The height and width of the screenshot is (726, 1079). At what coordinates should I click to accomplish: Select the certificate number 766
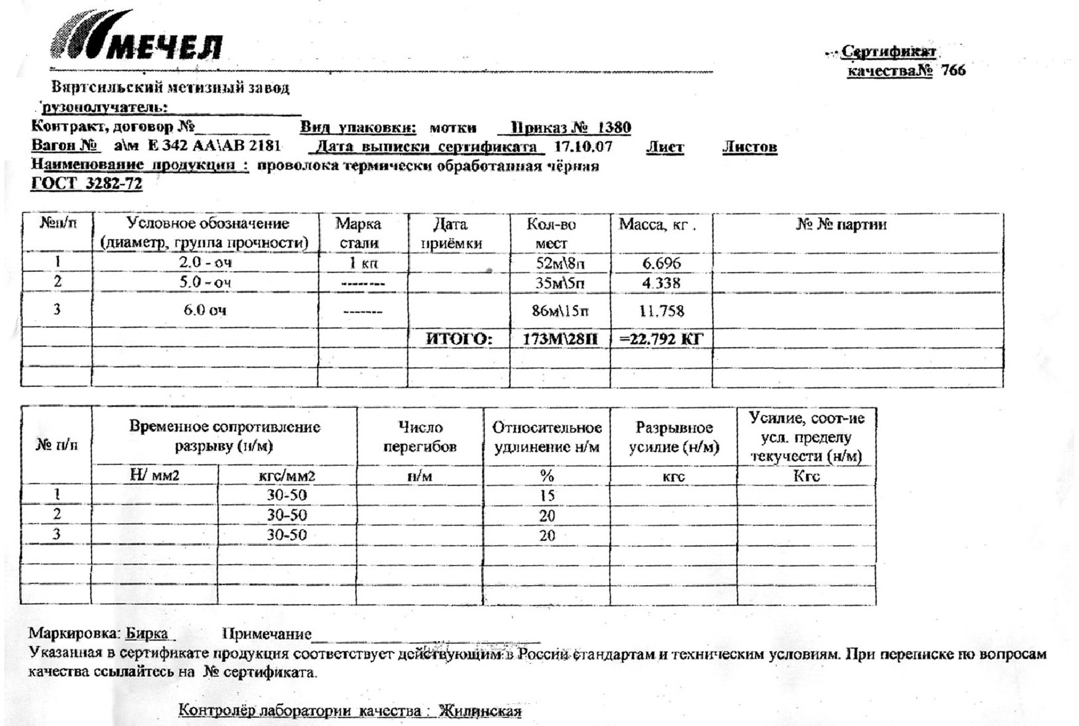coord(953,71)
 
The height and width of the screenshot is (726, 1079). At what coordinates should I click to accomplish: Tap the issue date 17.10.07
coord(583,147)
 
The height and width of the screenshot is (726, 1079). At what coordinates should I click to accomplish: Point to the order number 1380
coord(614,128)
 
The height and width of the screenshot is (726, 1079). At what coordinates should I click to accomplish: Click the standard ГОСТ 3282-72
coord(87,184)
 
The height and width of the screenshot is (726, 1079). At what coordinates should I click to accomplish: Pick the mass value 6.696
coord(661,263)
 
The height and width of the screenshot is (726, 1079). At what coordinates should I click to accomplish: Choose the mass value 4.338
coord(661,283)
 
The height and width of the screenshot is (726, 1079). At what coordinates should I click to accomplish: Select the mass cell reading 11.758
coord(661,311)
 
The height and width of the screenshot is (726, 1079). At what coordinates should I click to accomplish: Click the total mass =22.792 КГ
coord(661,339)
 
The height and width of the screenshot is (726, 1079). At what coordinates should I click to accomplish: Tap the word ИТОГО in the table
coord(459,339)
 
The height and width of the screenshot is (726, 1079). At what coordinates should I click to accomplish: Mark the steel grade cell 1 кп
coord(363,263)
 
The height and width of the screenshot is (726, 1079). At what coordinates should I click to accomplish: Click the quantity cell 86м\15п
coord(560,311)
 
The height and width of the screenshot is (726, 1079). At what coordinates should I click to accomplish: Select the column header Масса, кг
coord(657,225)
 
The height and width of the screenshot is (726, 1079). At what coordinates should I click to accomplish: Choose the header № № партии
coord(841,225)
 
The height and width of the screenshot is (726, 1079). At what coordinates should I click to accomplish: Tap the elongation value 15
coord(547,496)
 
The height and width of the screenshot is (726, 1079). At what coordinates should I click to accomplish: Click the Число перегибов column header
coord(420,437)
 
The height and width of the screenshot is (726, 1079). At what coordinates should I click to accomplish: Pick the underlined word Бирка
coord(147,634)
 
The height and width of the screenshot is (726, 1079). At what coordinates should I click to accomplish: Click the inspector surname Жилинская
coord(480,711)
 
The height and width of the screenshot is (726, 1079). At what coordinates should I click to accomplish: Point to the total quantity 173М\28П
coord(560,339)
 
